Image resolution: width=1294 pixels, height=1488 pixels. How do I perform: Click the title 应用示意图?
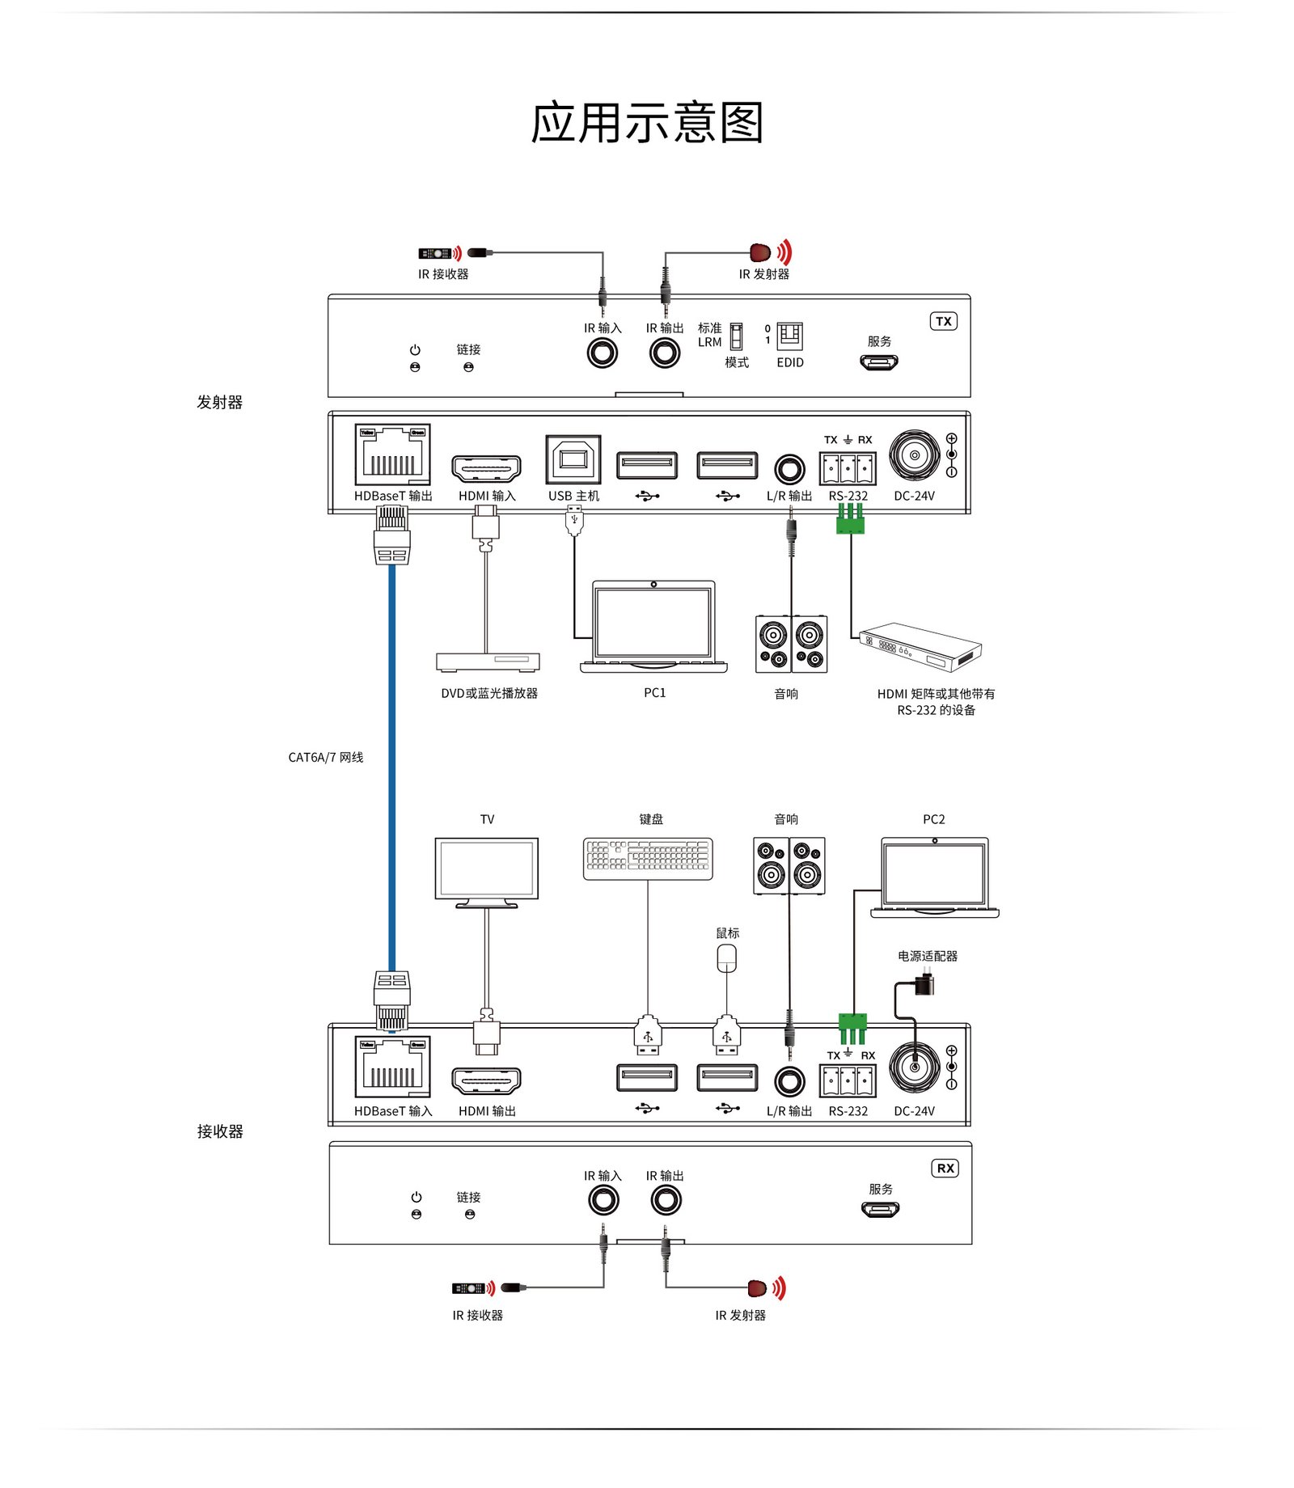coord(647,123)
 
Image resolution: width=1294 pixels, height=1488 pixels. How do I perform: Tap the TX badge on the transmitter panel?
coord(943,321)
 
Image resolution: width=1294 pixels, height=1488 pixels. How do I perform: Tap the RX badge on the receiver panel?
coord(945,1168)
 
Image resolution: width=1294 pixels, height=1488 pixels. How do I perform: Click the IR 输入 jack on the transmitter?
coord(602,353)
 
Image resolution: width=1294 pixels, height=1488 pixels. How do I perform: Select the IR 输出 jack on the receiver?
coord(666,1200)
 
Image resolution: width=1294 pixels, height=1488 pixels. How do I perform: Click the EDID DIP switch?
coord(789,336)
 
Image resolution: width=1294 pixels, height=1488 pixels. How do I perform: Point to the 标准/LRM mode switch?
coord(736,336)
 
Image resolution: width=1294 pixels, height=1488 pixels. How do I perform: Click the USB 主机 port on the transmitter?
coord(573,460)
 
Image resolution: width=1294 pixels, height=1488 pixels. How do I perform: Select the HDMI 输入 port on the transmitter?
coord(486,467)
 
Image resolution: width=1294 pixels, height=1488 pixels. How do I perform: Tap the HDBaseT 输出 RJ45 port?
coord(392,454)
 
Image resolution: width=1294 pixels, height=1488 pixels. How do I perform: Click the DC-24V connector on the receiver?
coord(915,1067)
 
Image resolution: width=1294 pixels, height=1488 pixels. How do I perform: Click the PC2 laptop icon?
coord(935,877)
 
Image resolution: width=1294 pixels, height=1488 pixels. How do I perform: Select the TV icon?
coord(487,872)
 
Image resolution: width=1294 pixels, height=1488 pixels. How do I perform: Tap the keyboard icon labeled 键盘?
coord(648,858)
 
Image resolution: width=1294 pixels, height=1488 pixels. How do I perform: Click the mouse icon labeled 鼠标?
coord(726,958)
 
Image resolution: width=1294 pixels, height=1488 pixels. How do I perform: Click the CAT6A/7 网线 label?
coord(326,757)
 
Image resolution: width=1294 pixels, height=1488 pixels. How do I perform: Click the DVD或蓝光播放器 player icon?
coord(488,662)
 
